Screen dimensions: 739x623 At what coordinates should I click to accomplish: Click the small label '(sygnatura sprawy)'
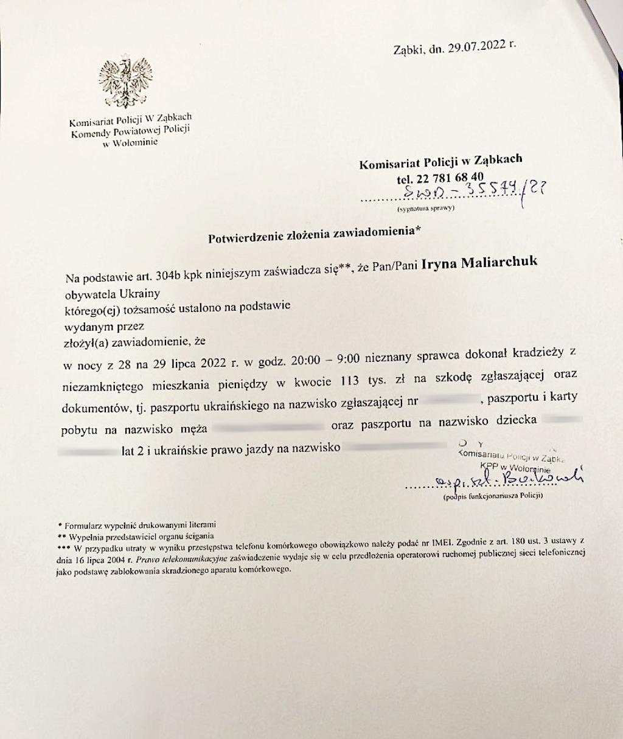tap(426, 209)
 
